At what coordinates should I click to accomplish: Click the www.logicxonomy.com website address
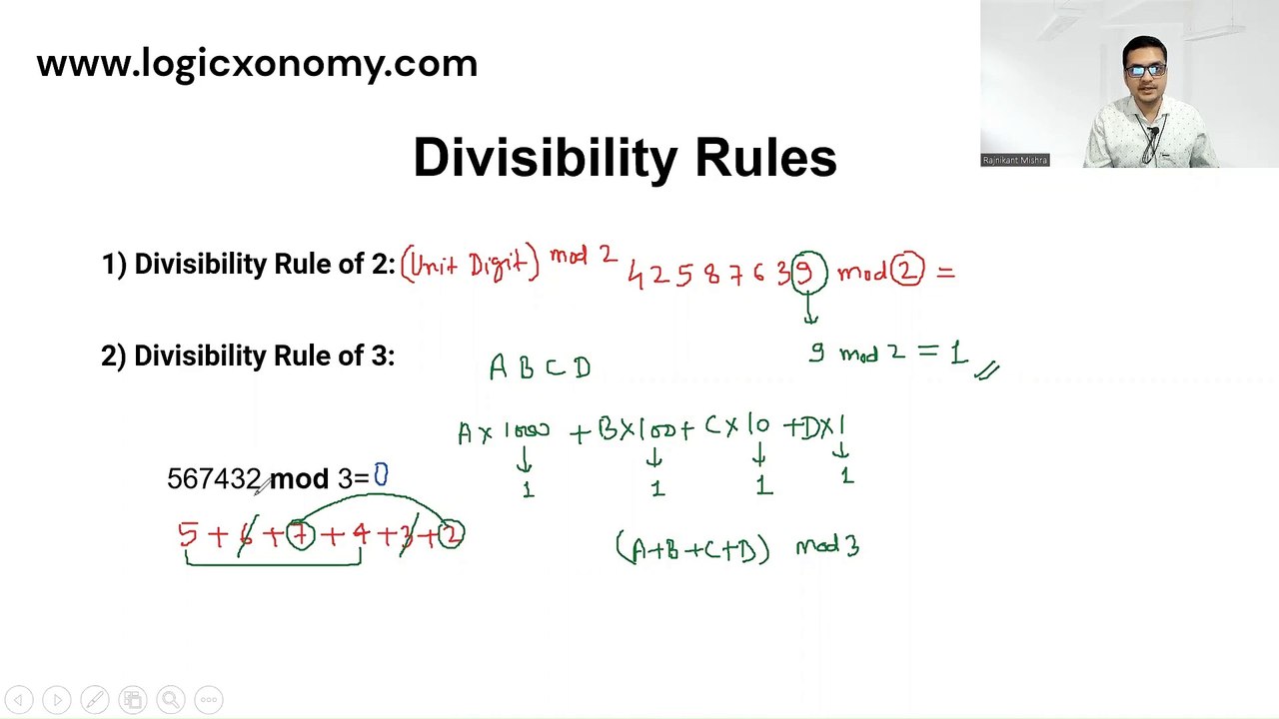[x=257, y=64]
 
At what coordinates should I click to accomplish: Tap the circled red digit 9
[x=808, y=273]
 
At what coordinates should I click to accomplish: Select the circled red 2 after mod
[x=907, y=271]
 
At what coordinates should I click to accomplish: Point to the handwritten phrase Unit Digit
[x=470, y=264]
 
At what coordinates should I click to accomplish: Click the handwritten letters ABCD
[x=540, y=367]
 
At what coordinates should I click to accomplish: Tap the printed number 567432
[x=214, y=479]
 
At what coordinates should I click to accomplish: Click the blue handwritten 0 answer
[x=381, y=475]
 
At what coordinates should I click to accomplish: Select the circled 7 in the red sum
[x=300, y=536]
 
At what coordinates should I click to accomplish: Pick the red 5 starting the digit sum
[x=187, y=535]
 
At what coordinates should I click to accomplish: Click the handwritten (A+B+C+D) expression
[x=693, y=548]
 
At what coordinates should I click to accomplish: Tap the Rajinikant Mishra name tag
[x=1014, y=160]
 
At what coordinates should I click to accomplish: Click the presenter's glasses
[x=1145, y=71]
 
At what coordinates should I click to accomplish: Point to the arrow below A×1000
[x=525, y=459]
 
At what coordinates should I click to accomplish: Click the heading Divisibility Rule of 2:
[x=249, y=264]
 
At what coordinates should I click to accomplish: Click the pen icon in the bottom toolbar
[x=94, y=700]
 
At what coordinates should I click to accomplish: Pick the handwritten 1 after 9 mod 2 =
[x=958, y=353]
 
